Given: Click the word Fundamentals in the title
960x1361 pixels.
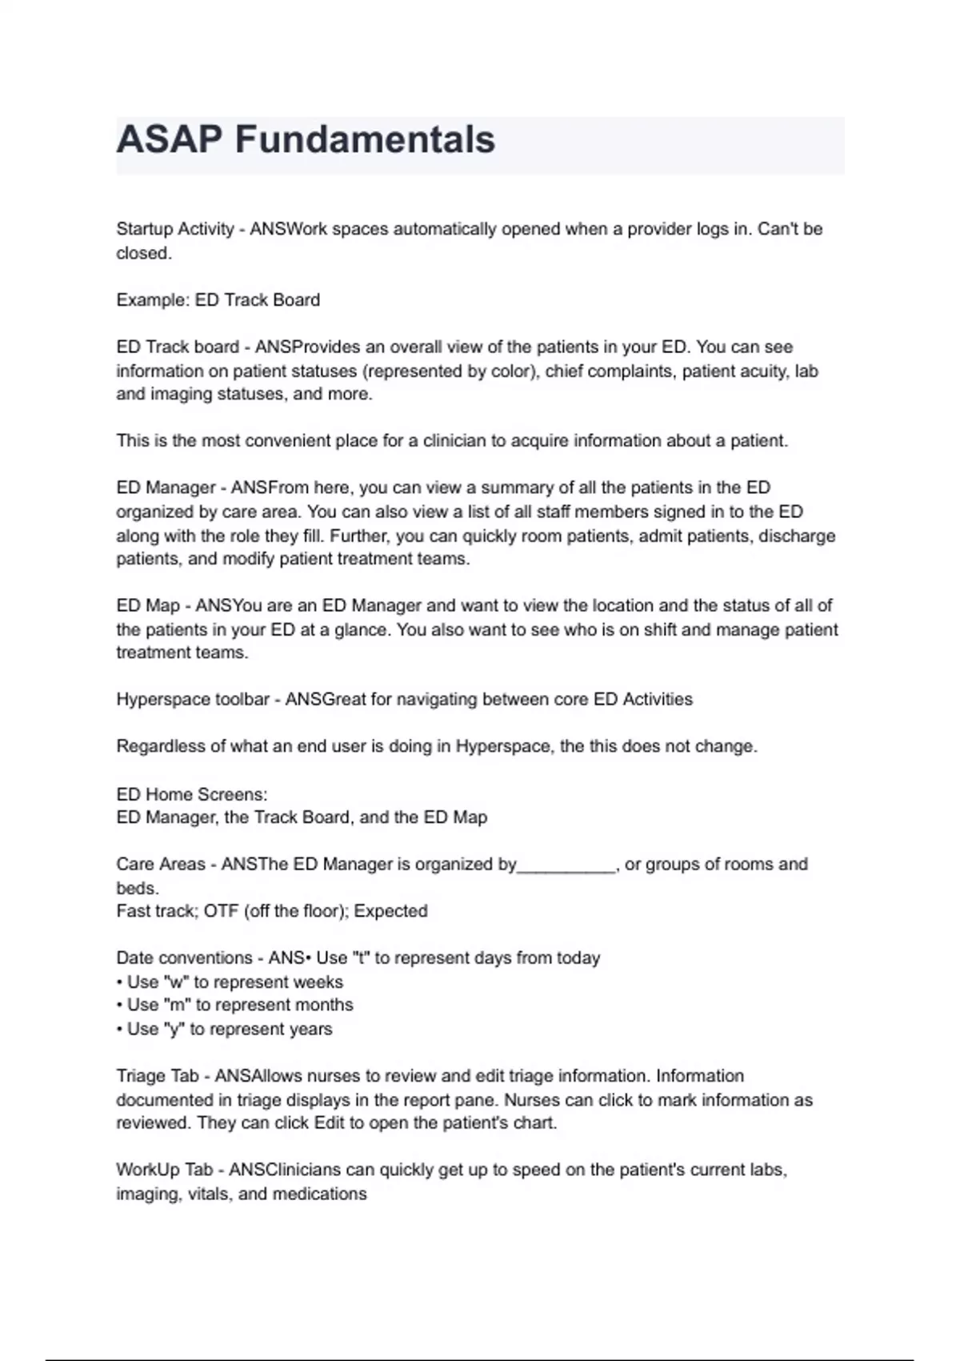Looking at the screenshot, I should [x=365, y=139].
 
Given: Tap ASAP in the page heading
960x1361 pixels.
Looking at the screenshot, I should [x=170, y=139].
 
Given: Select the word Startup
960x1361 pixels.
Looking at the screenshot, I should [x=144, y=229].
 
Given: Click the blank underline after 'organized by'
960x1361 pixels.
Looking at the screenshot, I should [x=566, y=865].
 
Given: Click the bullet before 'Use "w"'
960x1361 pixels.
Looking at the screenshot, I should [x=119, y=982].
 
